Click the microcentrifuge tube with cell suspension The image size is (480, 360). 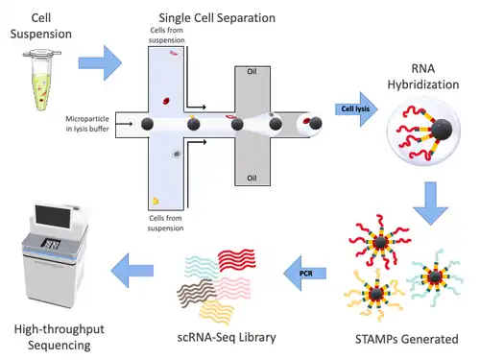[42, 80]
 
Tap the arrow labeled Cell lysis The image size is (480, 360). [356, 109]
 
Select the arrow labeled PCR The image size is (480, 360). [305, 274]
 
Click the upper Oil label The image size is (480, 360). [252, 71]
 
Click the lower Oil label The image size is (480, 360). [252, 178]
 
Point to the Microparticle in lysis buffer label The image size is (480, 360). [87, 124]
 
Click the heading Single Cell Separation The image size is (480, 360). [217, 18]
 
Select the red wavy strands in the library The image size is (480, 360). [237, 259]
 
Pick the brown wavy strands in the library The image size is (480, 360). [195, 292]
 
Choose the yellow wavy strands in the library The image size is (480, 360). [217, 311]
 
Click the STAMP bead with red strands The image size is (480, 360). [380, 242]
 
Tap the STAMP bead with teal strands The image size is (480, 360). [435, 276]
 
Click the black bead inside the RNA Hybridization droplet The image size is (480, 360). [442, 130]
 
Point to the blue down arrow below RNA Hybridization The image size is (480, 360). [431, 204]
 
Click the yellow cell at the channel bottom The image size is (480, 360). [156, 202]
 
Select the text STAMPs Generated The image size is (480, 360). [407, 339]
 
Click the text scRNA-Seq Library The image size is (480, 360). [227, 338]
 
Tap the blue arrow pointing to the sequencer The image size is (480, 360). [132, 271]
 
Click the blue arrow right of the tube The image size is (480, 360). [100, 62]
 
